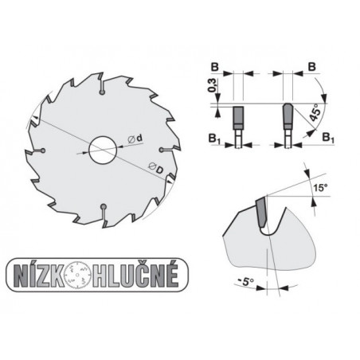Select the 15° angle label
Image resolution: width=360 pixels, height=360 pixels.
[319, 188]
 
